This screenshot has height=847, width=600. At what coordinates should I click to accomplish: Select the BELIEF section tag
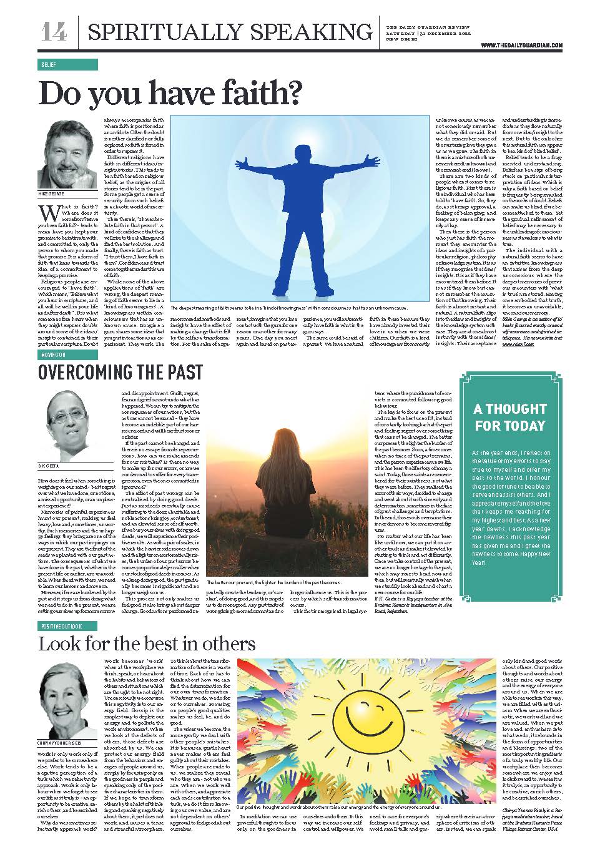pos(49,65)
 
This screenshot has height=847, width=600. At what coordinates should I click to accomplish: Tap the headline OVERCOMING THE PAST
pos(120,373)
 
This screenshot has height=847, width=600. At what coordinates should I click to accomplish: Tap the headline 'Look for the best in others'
pos(147,644)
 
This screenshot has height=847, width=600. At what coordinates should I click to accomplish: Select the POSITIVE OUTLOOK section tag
pos(62,625)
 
